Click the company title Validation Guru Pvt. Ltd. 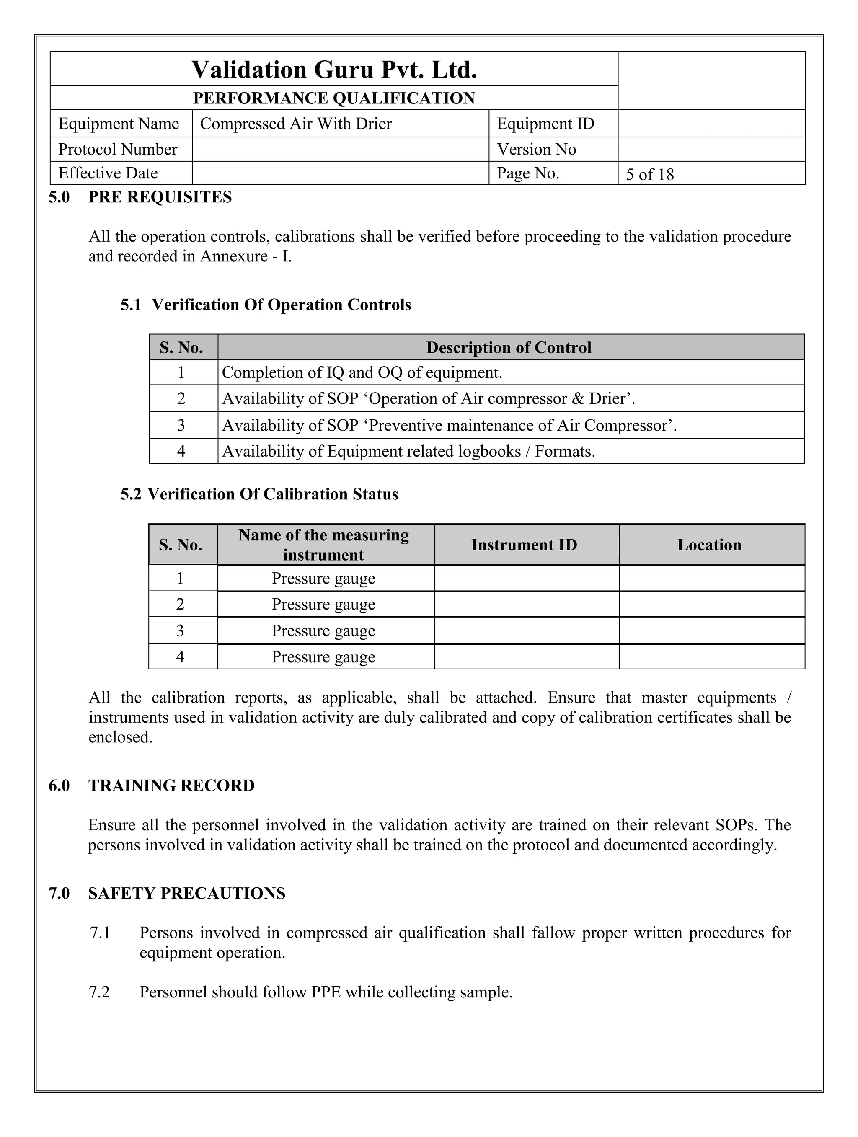click(334, 70)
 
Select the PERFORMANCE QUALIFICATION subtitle click(334, 98)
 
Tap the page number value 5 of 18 click(649, 175)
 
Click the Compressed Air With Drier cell click(296, 124)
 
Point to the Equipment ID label click(545, 124)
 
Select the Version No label click(536, 150)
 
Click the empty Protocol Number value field click(340, 150)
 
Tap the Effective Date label click(108, 173)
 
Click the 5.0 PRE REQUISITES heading click(140, 197)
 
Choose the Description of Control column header click(509, 348)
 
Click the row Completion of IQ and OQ click(362, 373)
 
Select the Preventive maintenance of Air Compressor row click(449, 426)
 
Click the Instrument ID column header click(524, 545)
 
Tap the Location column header click(709, 545)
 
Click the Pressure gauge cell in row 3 click(323, 631)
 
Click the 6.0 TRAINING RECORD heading click(152, 786)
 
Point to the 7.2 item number click(99, 992)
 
